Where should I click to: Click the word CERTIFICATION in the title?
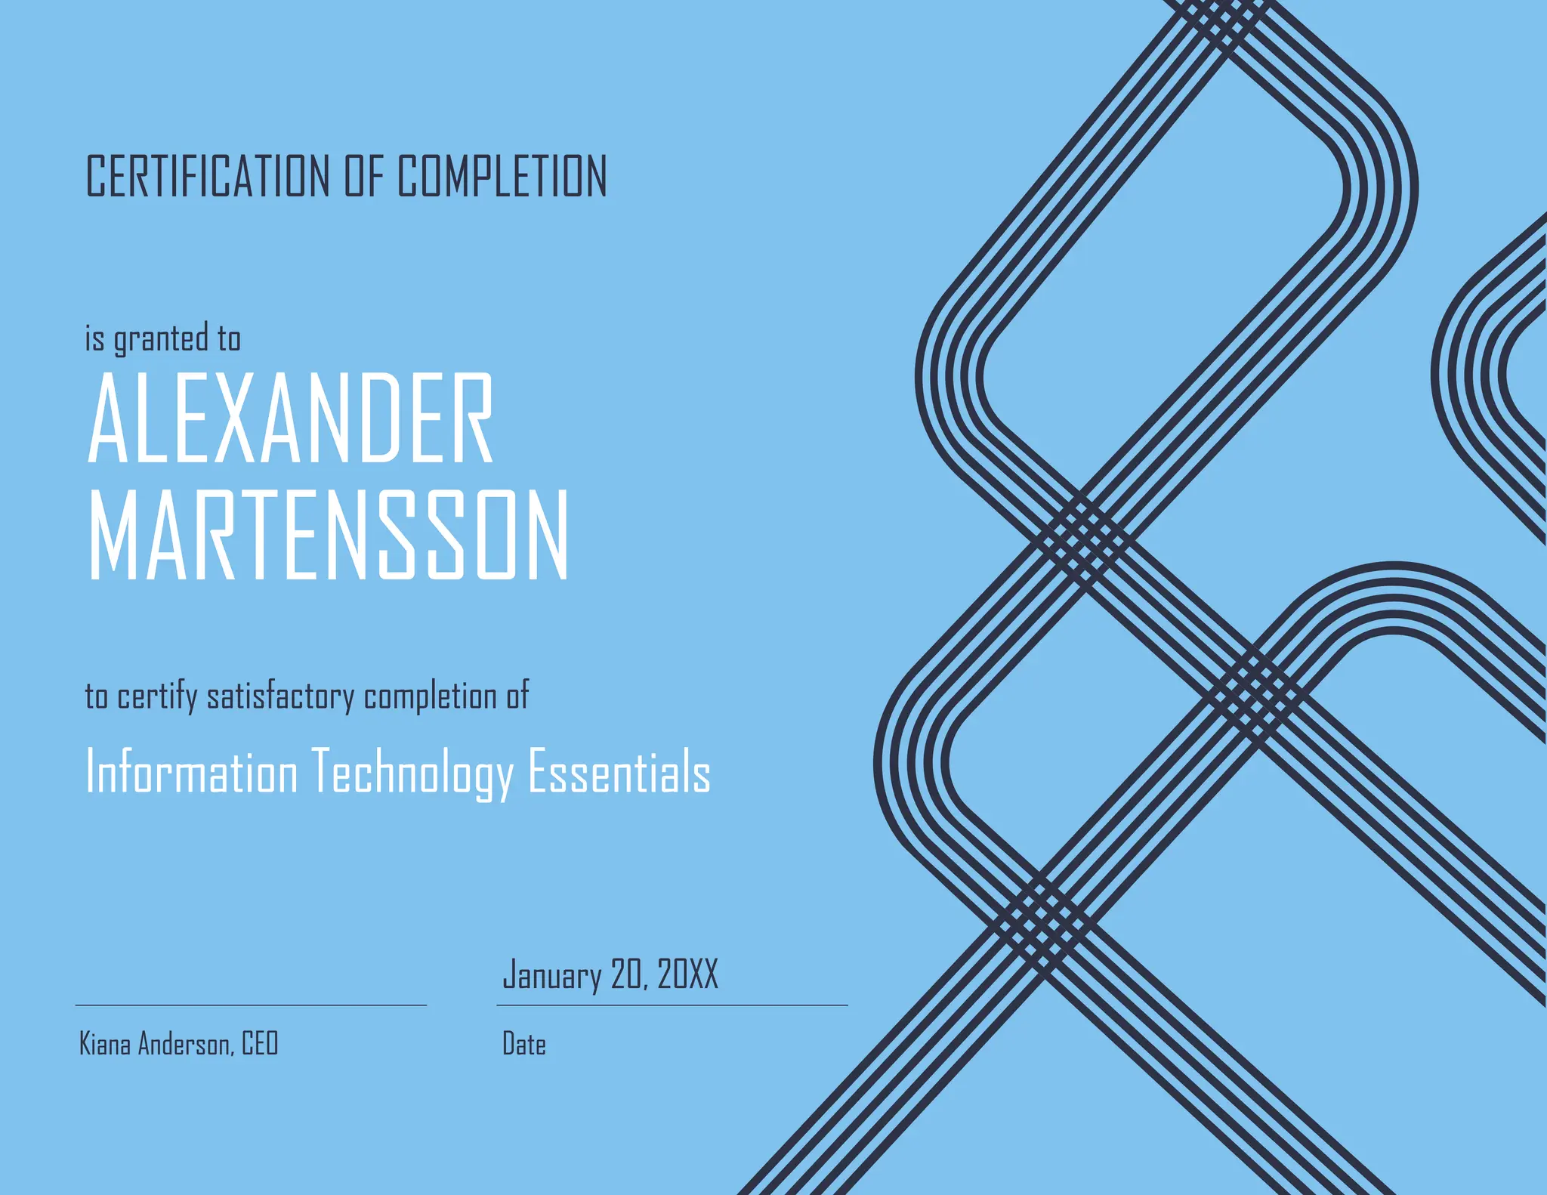click(208, 176)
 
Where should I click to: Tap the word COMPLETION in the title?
click(502, 176)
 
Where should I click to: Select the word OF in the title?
click(364, 176)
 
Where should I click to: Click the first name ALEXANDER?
click(291, 418)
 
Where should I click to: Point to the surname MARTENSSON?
click(329, 535)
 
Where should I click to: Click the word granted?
click(161, 338)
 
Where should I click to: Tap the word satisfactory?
click(280, 696)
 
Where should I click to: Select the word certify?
click(156, 696)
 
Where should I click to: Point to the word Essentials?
click(619, 772)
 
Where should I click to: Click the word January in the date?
click(552, 975)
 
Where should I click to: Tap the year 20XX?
click(687, 974)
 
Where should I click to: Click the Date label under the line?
click(524, 1045)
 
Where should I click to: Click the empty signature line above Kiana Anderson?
click(251, 1005)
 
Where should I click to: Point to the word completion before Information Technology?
click(430, 696)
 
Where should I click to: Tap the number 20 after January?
click(627, 974)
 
